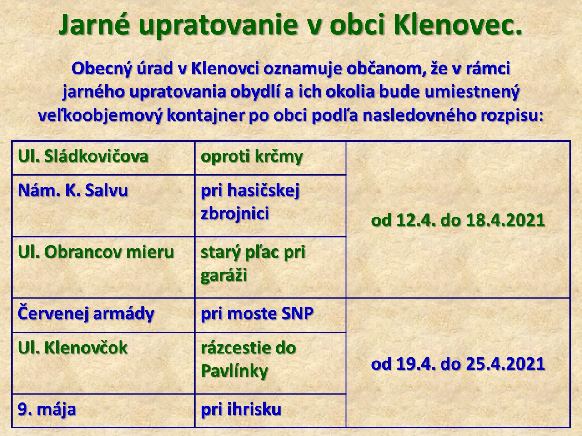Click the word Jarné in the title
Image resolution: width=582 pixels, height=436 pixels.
tap(94, 25)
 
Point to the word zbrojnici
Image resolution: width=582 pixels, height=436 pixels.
tap(235, 213)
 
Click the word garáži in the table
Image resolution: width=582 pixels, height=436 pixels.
tap(224, 275)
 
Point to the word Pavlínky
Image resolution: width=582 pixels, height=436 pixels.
tap(234, 371)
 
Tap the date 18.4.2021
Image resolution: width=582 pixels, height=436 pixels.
tap(505, 220)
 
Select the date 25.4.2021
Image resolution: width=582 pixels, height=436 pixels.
tap(505, 364)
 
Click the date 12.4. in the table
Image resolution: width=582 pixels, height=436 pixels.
tap(416, 220)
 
